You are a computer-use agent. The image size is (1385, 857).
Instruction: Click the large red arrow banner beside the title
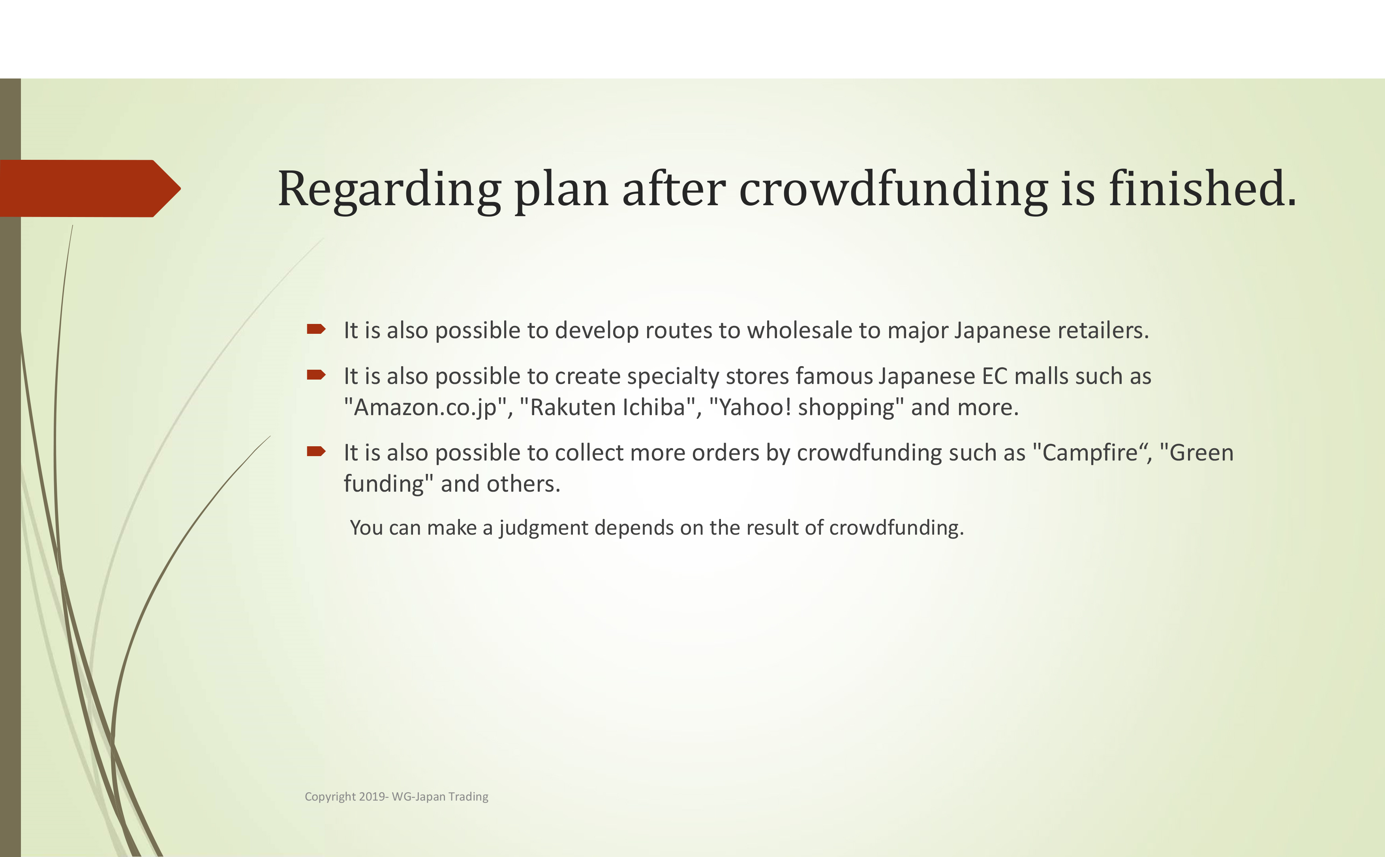90,188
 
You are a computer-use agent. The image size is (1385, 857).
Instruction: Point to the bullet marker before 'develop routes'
316,329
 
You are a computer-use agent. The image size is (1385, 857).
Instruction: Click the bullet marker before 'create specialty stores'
316,374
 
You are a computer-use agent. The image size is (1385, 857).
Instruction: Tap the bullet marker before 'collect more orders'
316,451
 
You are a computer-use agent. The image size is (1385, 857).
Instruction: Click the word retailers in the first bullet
1103,330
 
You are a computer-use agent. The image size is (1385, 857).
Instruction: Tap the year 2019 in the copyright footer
372,796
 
